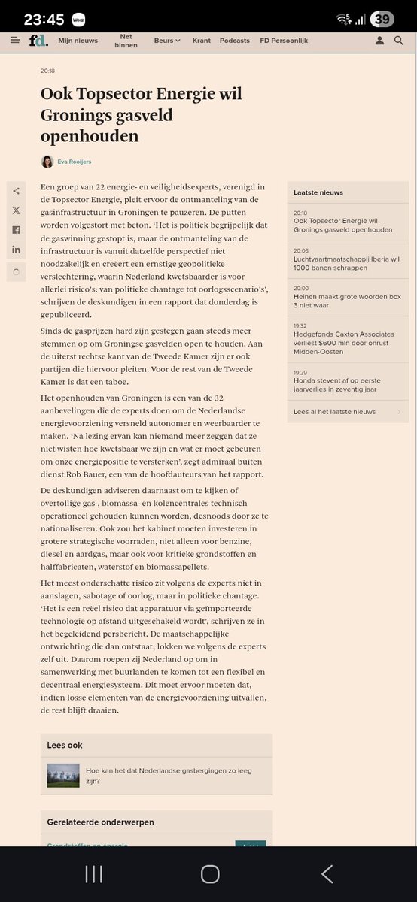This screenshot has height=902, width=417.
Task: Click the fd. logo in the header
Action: point(39,41)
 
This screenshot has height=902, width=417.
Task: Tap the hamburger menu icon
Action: point(15,41)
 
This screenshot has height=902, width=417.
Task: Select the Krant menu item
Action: point(201,41)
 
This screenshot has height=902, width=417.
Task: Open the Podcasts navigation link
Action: point(235,41)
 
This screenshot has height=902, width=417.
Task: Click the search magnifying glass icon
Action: point(399,41)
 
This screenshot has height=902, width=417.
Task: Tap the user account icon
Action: point(380,41)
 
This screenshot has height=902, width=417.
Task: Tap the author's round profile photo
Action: point(47,162)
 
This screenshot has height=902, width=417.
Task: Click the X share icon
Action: point(17,210)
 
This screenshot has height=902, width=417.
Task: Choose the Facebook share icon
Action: point(17,230)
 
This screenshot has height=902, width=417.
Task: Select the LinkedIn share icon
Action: point(17,250)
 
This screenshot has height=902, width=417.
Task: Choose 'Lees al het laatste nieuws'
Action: point(334,412)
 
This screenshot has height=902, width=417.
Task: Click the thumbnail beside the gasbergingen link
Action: point(63,776)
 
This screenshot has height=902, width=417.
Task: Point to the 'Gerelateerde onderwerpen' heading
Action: point(100,822)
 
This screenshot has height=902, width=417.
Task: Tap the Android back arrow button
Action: point(327,873)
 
